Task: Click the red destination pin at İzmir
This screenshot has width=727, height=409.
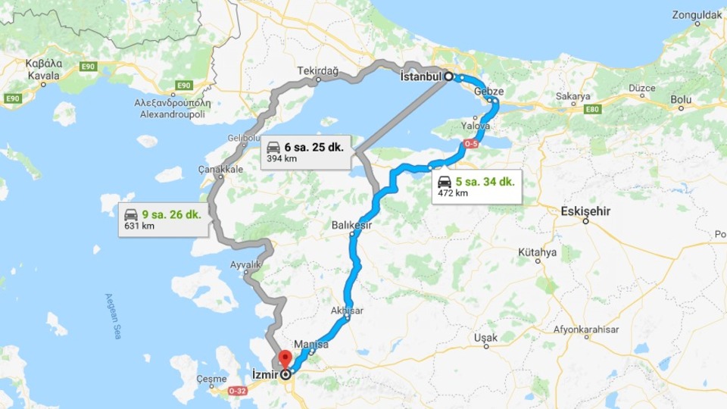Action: tap(285, 358)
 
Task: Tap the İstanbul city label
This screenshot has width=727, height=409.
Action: tap(420, 76)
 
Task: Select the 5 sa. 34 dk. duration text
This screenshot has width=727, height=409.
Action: tap(485, 182)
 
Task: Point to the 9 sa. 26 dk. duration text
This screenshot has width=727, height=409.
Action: tap(173, 214)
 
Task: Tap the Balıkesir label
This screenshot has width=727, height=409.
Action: tap(352, 225)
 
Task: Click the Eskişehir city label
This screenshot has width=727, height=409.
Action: tap(585, 211)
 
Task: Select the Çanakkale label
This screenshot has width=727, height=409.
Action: tap(220, 169)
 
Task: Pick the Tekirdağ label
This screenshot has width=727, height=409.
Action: tap(317, 70)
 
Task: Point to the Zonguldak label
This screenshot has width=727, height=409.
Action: tap(697, 14)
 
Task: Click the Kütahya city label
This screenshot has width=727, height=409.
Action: tap(538, 251)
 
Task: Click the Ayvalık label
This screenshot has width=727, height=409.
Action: tap(246, 265)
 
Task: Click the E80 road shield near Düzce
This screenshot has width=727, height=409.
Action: tap(592, 109)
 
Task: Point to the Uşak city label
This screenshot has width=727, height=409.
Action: tap(485, 337)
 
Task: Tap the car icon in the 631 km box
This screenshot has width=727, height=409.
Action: tap(132, 214)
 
